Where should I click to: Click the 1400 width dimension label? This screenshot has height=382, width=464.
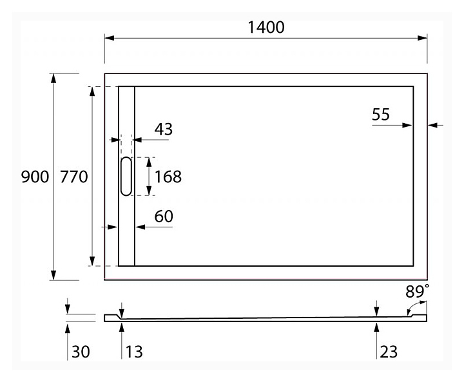point(266,27)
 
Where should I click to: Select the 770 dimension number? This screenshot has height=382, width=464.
point(73,177)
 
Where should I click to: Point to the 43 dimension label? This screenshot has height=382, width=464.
point(164,129)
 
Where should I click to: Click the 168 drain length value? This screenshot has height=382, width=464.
point(168,177)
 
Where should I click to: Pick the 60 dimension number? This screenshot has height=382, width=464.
point(164,217)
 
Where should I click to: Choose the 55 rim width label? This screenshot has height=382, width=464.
point(381,115)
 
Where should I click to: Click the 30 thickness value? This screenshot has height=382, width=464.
point(81,352)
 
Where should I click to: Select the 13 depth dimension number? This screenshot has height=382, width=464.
point(134,352)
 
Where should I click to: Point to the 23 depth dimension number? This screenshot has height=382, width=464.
point(389,352)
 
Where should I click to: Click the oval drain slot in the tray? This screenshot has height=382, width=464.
point(125,177)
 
